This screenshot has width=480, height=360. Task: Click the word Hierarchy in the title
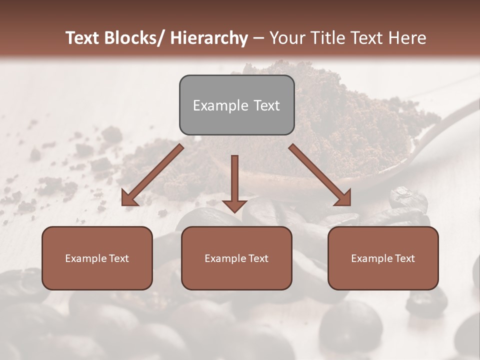point(209,38)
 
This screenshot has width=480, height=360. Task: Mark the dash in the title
point(258,38)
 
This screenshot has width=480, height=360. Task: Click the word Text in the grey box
point(266,105)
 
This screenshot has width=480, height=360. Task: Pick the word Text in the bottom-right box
point(404,258)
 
